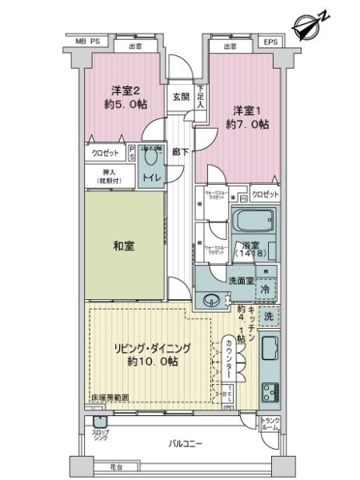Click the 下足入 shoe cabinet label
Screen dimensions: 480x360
(x=201, y=97)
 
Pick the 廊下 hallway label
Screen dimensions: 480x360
(x=180, y=151)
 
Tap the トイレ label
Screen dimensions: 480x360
(x=150, y=178)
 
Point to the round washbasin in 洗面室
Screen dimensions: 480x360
(x=212, y=301)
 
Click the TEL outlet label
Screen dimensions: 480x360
(x=230, y=395)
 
